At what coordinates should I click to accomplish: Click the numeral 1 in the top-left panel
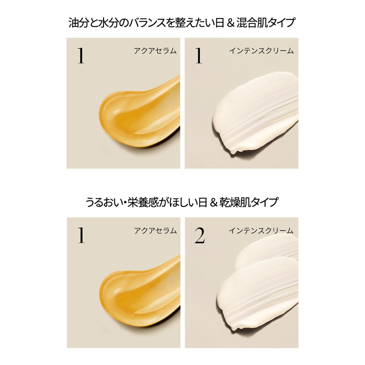(81, 55)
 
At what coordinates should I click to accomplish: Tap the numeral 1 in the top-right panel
(199, 55)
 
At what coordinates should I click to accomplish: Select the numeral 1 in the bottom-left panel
(81, 235)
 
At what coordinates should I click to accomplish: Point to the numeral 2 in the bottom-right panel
(200, 235)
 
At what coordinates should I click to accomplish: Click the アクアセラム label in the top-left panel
(155, 51)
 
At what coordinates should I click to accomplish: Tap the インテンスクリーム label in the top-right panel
(261, 51)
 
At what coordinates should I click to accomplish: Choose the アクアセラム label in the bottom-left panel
(155, 231)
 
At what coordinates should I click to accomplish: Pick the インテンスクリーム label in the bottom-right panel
(261, 231)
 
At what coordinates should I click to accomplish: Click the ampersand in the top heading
(230, 23)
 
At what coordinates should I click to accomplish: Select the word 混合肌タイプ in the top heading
(266, 23)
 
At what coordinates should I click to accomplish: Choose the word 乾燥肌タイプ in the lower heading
(249, 202)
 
